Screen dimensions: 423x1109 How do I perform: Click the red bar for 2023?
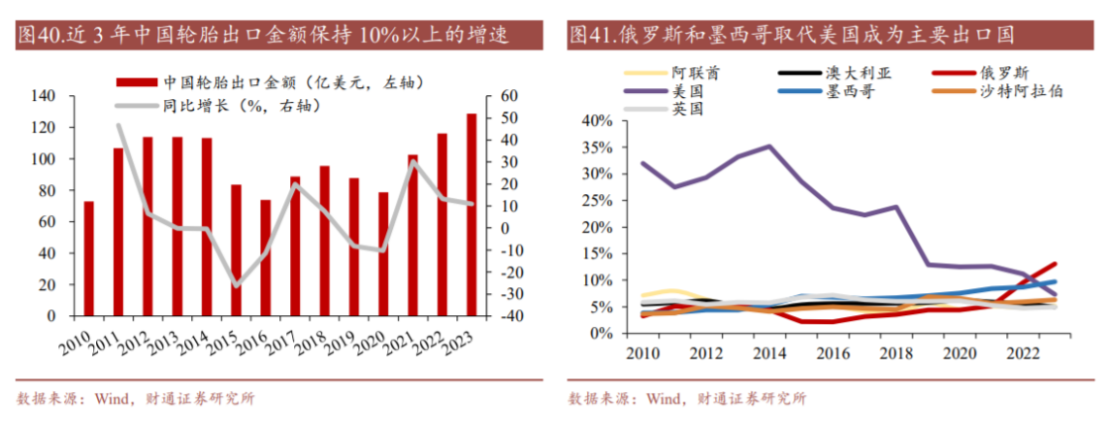pos(472,215)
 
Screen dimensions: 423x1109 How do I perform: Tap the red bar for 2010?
pos(88,258)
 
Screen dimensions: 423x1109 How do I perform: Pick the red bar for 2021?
pos(412,235)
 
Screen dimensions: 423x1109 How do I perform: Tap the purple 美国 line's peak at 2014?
pos(770,146)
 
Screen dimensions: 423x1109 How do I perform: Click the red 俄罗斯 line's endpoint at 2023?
pos(1056,264)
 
